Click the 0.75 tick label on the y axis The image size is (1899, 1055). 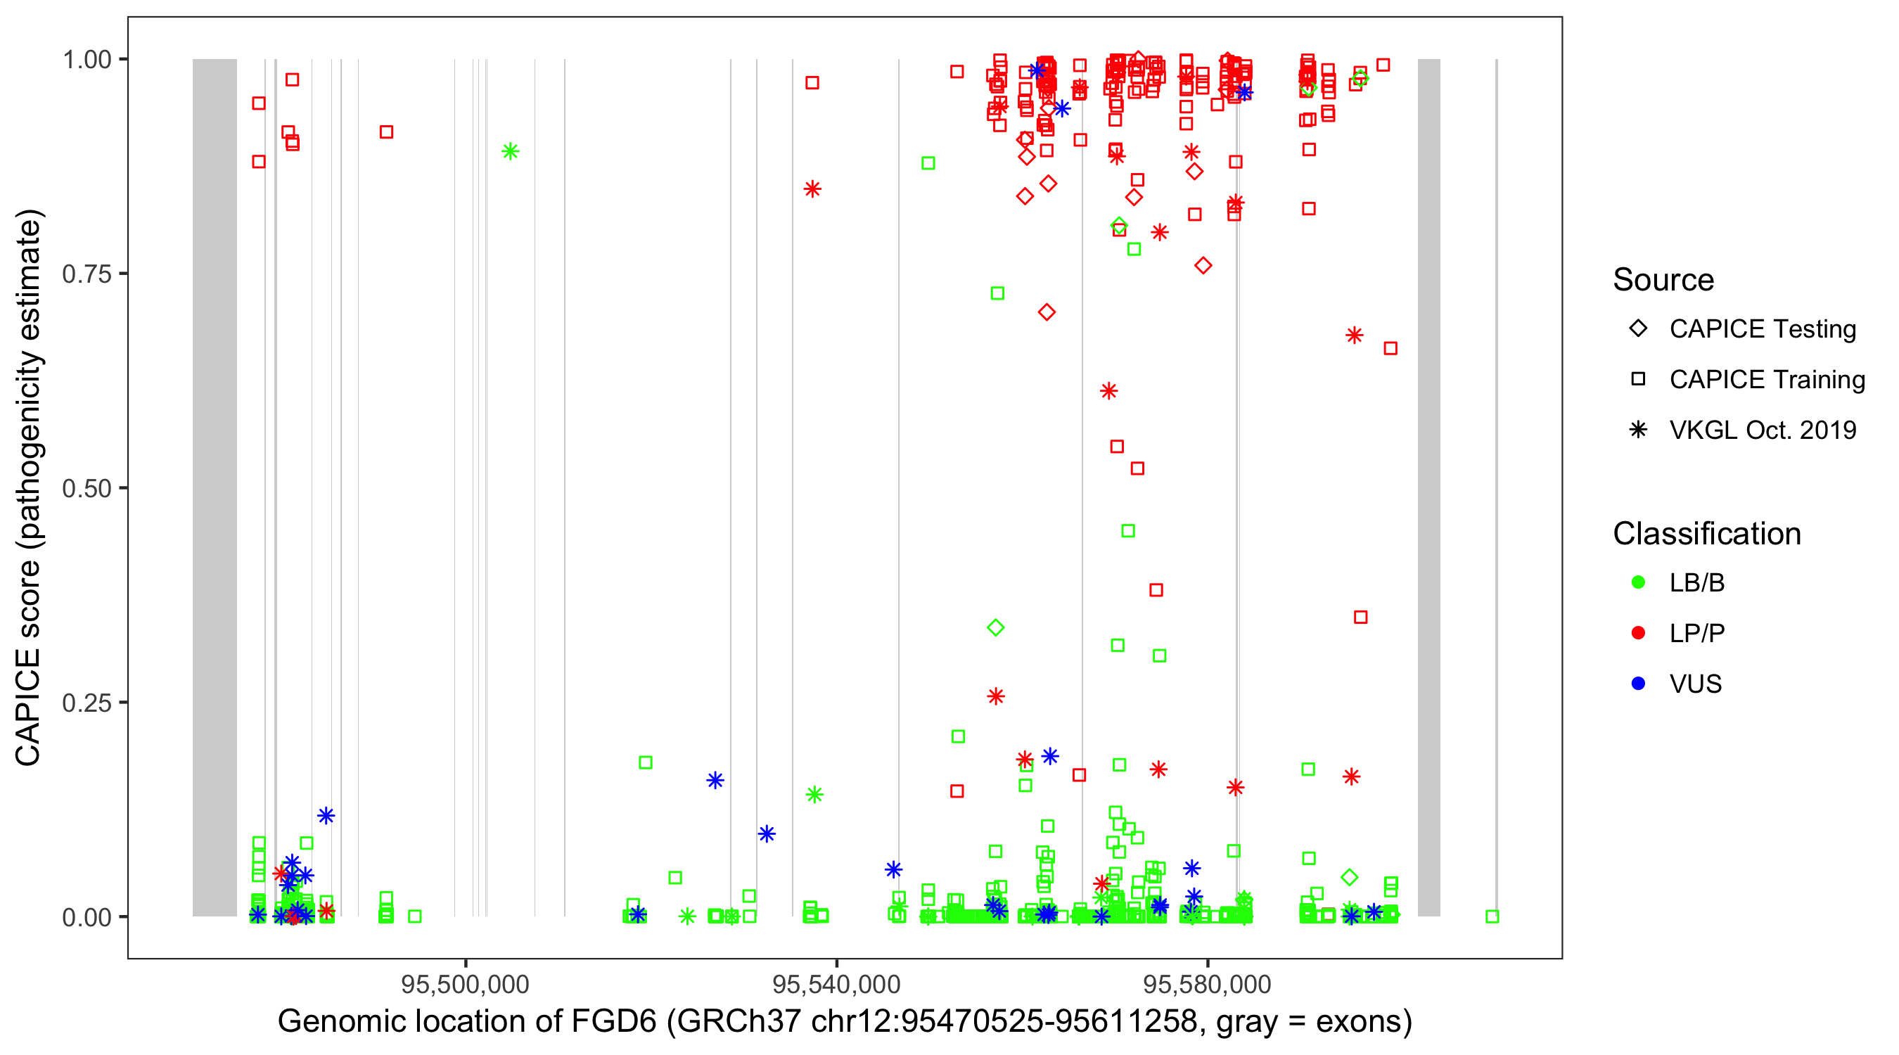[x=86, y=274]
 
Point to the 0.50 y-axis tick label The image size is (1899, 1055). [x=86, y=488]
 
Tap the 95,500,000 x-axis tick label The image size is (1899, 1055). [x=465, y=985]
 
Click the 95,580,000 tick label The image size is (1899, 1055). [x=1207, y=985]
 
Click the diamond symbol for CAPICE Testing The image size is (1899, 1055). [x=1638, y=329]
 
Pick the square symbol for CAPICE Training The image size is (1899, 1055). [x=1638, y=380]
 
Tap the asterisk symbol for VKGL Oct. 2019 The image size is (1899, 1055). [x=1638, y=430]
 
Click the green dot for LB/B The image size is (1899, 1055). [x=1638, y=583]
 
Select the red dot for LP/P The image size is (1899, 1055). [x=1638, y=633]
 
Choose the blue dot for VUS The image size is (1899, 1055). [x=1638, y=684]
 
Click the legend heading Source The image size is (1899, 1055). [x=1663, y=280]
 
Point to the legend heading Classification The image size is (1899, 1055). [x=1706, y=534]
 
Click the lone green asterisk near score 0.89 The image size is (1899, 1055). [x=510, y=152]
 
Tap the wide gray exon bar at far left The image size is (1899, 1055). [x=215, y=487]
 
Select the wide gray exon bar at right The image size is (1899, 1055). [x=1428, y=487]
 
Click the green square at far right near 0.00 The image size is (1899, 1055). [x=1492, y=916]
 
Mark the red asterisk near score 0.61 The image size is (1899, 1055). [x=1108, y=391]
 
